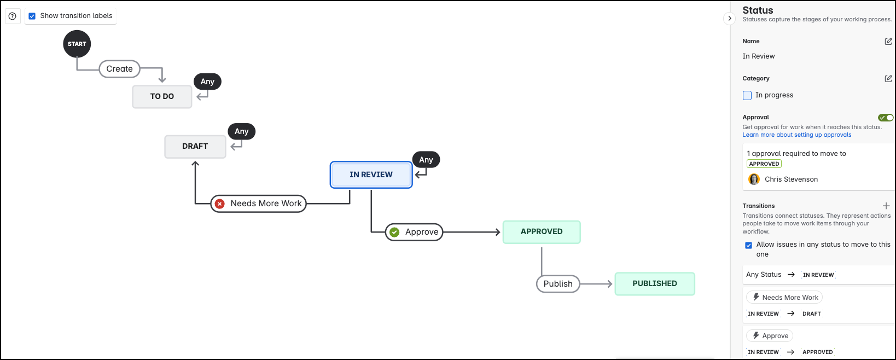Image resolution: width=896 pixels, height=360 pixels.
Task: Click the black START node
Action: [x=77, y=44]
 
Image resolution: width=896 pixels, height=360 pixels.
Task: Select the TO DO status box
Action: [x=162, y=96]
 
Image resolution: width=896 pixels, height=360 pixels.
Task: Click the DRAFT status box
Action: [x=195, y=146]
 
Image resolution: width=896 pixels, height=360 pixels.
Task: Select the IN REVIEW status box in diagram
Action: [x=371, y=175]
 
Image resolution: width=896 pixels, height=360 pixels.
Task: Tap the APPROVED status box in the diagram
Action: [x=541, y=231]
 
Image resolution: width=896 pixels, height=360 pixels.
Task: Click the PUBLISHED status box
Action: [x=654, y=283]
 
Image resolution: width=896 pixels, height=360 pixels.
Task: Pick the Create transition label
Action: [x=119, y=69]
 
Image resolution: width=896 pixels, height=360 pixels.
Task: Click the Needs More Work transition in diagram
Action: [x=258, y=204]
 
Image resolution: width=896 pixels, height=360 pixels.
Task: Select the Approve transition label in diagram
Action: [x=414, y=232]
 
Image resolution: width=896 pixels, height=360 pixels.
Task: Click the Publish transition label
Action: [x=557, y=284]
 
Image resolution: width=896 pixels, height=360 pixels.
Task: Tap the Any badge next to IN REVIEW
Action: [x=426, y=160]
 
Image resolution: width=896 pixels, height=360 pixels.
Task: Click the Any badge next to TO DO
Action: [x=207, y=82]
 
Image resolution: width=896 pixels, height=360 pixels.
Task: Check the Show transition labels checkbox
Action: [x=32, y=16]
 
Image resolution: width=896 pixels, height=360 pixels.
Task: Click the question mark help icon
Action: [x=13, y=16]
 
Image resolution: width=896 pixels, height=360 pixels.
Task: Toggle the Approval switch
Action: [x=885, y=118]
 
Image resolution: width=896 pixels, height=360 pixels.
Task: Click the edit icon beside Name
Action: [x=888, y=42]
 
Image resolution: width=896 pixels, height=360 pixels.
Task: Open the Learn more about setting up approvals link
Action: [x=796, y=135]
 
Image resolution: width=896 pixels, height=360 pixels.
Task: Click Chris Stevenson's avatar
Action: [x=754, y=179]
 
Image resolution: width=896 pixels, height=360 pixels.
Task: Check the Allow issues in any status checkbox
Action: [x=748, y=245]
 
